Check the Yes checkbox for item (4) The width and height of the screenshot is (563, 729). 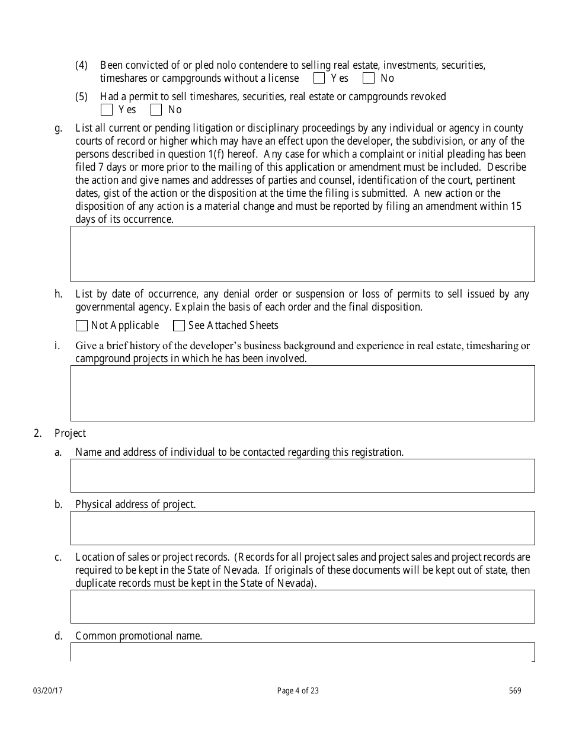coord(319,78)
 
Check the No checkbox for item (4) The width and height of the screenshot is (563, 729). coord(369,78)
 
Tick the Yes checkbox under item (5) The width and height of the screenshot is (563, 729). coord(107,110)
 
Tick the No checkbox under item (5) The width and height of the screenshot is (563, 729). coord(156,110)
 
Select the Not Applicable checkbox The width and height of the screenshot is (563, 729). coord(82,325)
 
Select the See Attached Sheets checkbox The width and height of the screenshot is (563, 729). coord(179,325)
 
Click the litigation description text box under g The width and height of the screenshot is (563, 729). coord(302,254)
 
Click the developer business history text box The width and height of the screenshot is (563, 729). coord(302,393)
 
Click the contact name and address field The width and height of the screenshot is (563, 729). coord(302,475)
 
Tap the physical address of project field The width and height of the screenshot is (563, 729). coord(302,527)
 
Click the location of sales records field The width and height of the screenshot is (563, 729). coord(302,606)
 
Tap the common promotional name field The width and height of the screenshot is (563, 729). coord(302,652)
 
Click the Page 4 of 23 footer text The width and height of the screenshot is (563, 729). coord(298,690)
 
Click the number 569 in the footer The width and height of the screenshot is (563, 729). coord(515,690)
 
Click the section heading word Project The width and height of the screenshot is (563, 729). coord(70,433)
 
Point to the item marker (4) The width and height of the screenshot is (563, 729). coord(82,65)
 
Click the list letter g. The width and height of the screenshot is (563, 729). coord(58,128)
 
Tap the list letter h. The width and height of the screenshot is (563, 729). coord(58,294)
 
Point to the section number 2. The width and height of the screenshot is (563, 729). coord(37,433)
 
